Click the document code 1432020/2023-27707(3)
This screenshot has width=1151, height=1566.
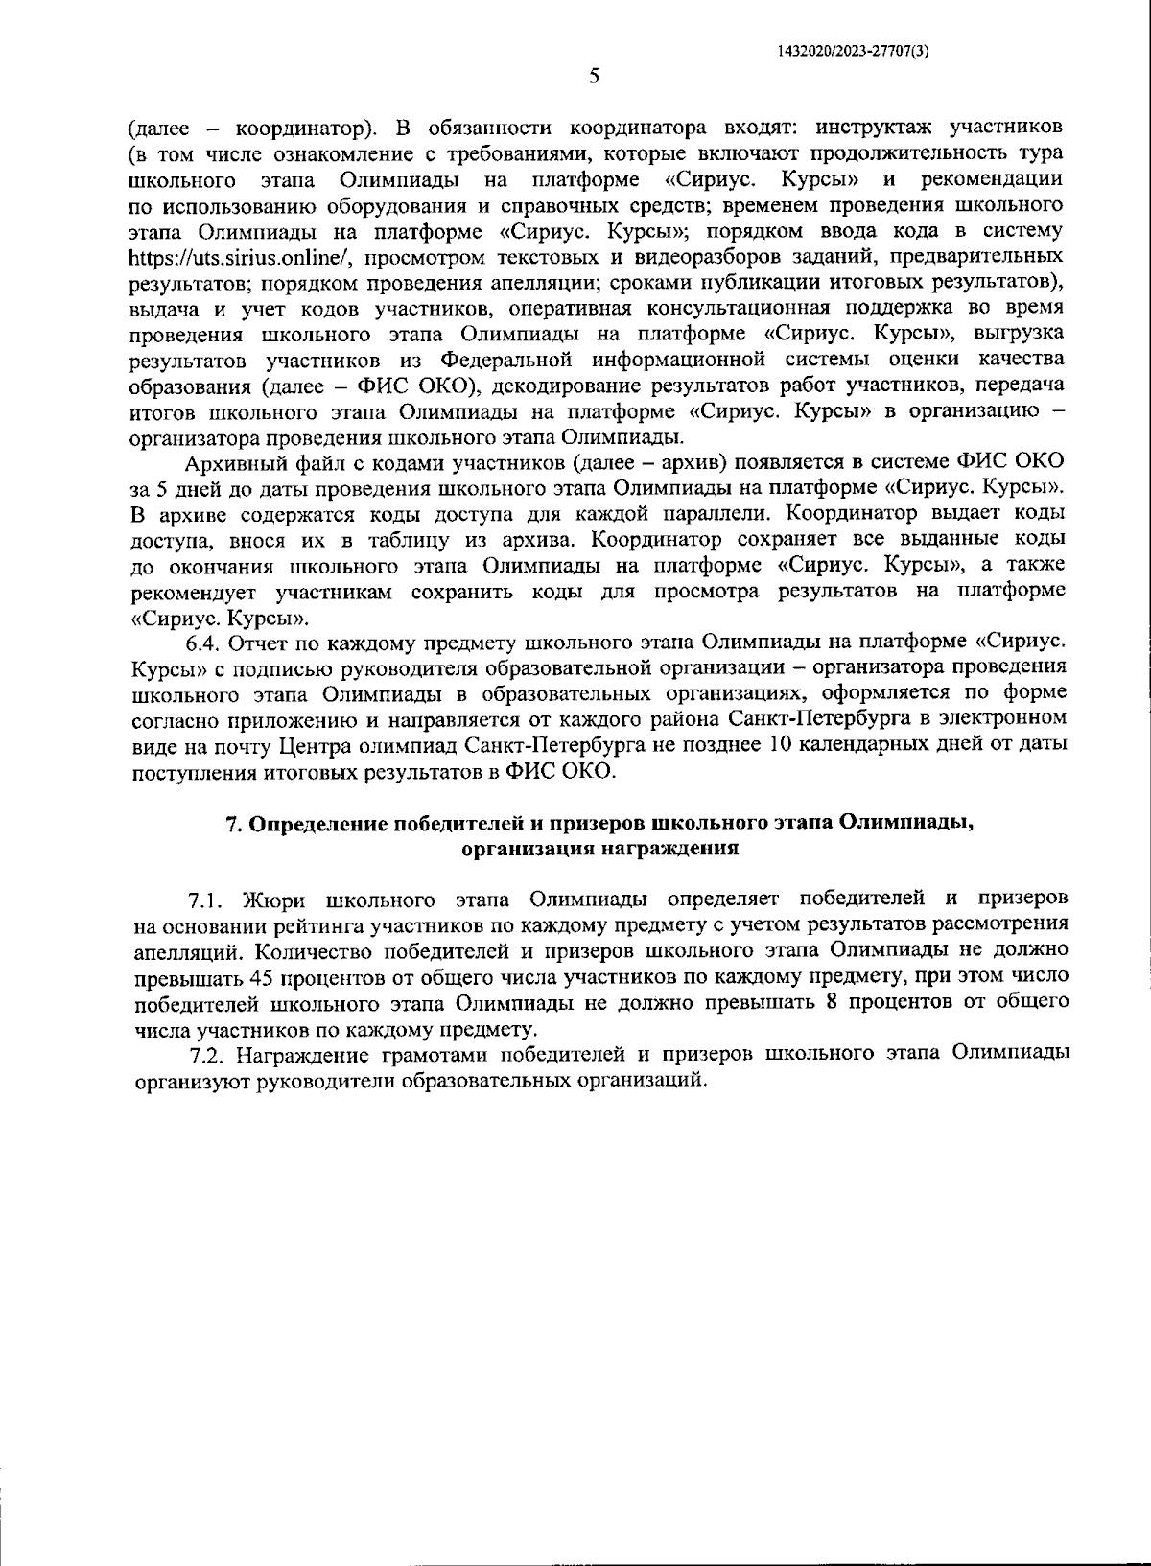tap(853, 53)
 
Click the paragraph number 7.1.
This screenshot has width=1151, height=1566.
tap(206, 900)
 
